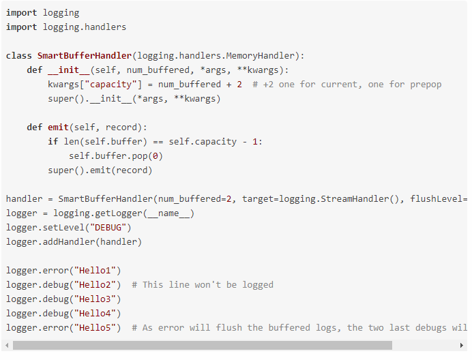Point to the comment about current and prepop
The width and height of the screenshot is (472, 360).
coord(347,85)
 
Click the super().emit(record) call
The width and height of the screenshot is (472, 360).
coord(100,170)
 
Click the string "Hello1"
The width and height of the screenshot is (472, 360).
coord(97,271)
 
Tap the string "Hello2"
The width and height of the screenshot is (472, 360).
coord(97,285)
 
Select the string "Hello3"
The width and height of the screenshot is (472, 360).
coord(97,299)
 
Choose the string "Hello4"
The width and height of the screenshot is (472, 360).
coord(97,314)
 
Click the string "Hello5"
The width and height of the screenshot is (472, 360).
coord(97,328)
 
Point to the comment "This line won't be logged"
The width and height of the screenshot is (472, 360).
coord(203,285)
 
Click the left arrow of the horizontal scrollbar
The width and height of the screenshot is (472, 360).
coord(6,346)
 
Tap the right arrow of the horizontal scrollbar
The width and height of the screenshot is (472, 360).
coord(462,346)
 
